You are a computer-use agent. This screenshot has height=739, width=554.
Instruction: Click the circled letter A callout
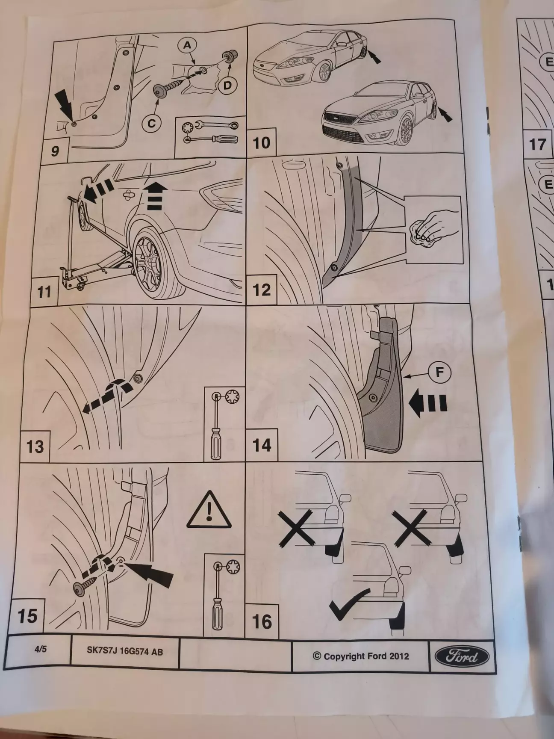[188, 44]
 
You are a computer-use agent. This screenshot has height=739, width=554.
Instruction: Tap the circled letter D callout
[227, 86]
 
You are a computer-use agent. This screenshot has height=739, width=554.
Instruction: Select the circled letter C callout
[152, 123]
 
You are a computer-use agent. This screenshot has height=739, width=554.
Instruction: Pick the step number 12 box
[262, 290]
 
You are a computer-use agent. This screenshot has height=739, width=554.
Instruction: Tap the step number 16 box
[262, 621]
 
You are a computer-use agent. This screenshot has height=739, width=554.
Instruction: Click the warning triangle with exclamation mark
[209, 510]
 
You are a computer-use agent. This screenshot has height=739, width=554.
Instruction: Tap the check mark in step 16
[348, 603]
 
